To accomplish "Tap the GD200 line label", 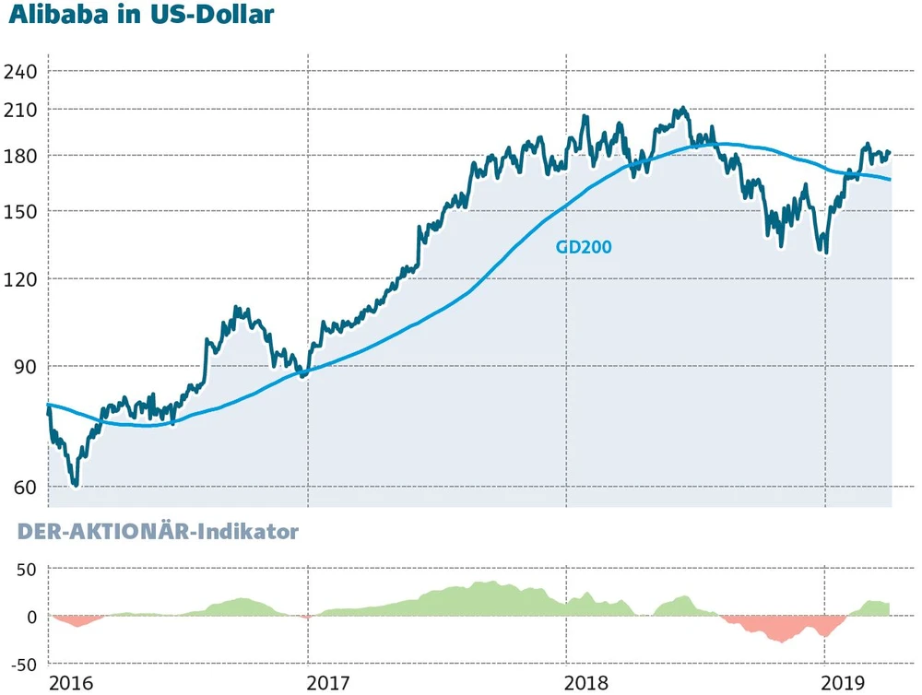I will tap(584, 246).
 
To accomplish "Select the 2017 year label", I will tap(327, 683).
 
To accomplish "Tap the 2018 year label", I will tap(585, 683).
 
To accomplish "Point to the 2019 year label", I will tap(844, 683).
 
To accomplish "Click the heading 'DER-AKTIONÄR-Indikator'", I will tap(153, 532).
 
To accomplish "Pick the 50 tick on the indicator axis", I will tap(24, 569).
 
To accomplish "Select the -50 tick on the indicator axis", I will tap(20, 664).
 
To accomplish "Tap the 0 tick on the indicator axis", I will tap(30, 617).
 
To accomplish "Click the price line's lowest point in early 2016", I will tap(76, 485).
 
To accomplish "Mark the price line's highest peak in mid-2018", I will tap(680, 109).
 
